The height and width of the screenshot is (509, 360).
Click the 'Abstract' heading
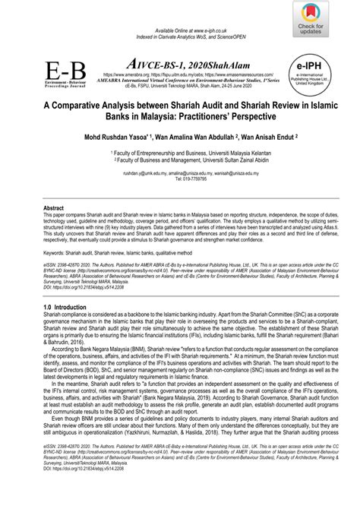pyautogui.click(x=54, y=207)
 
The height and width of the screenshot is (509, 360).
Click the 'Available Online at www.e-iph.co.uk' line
pyautogui.click(x=179, y=7)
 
